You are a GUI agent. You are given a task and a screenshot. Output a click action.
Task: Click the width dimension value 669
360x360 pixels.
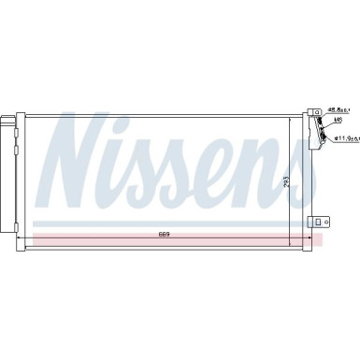coord(164,233)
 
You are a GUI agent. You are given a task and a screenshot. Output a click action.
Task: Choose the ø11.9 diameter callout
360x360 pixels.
coord(341,138)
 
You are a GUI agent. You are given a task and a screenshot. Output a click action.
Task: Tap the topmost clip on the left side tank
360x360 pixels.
coord(18,119)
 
